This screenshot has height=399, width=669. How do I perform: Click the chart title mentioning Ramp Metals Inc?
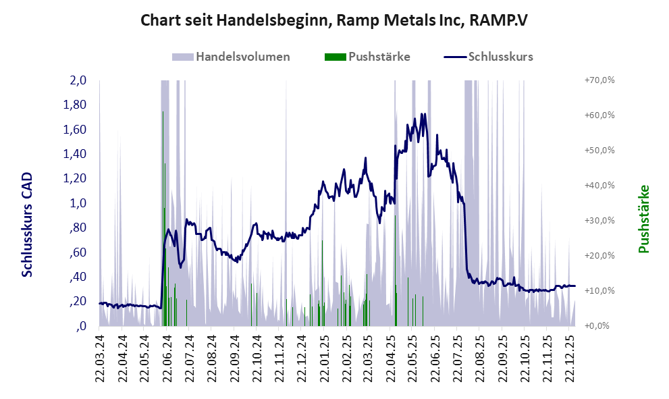pos(333,20)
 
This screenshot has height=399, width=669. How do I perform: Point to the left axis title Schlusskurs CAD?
pos(28,224)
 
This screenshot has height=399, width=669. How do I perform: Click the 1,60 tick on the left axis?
pos(74,130)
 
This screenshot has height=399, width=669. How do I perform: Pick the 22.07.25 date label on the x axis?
pos(456,357)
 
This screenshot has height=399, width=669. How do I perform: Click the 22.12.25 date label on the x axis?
pos(568,357)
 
